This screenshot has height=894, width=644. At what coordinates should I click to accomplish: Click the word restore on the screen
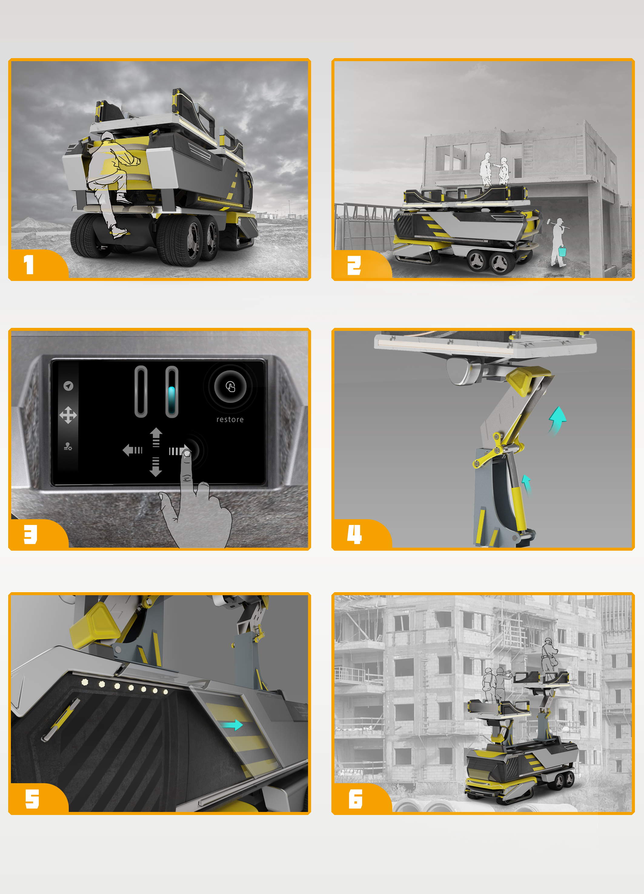230,419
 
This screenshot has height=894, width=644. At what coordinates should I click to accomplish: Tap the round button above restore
230,387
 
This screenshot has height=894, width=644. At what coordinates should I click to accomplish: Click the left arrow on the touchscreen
132,450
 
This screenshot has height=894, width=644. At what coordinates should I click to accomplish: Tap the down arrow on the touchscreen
156,467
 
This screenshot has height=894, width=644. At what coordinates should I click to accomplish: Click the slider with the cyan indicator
171,391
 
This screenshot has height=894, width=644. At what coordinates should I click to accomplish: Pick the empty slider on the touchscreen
141,391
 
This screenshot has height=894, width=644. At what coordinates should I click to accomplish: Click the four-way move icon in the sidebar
68,415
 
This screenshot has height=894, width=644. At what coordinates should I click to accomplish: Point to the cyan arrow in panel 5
231,724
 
